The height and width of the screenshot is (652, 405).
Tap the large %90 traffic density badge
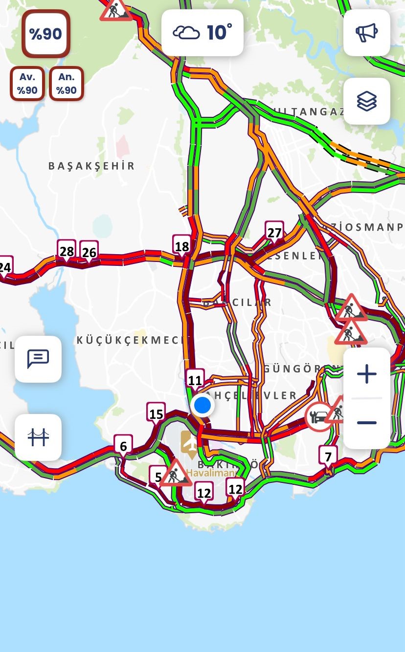(45, 34)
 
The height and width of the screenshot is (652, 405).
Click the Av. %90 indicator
(27, 84)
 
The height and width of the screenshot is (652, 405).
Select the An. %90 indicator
(66, 84)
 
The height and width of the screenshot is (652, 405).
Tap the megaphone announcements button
(366, 33)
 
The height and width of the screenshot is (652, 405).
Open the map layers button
(366, 101)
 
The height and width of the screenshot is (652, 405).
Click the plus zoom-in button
(366, 374)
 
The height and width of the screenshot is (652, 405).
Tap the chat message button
(38, 359)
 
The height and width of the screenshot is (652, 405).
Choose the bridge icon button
(38, 437)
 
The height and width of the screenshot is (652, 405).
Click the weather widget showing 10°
(202, 33)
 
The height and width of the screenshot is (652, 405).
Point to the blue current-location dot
(202, 405)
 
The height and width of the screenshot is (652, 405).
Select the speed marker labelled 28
(67, 251)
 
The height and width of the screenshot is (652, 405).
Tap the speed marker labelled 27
(274, 232)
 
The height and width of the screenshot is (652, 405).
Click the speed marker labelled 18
(181, 246)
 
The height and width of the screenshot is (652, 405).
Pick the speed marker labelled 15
(156, 414)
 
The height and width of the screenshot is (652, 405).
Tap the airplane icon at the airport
(189, 441)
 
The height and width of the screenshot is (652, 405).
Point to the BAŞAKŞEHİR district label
(91, 166)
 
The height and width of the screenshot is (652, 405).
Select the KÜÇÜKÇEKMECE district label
(130, 340)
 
